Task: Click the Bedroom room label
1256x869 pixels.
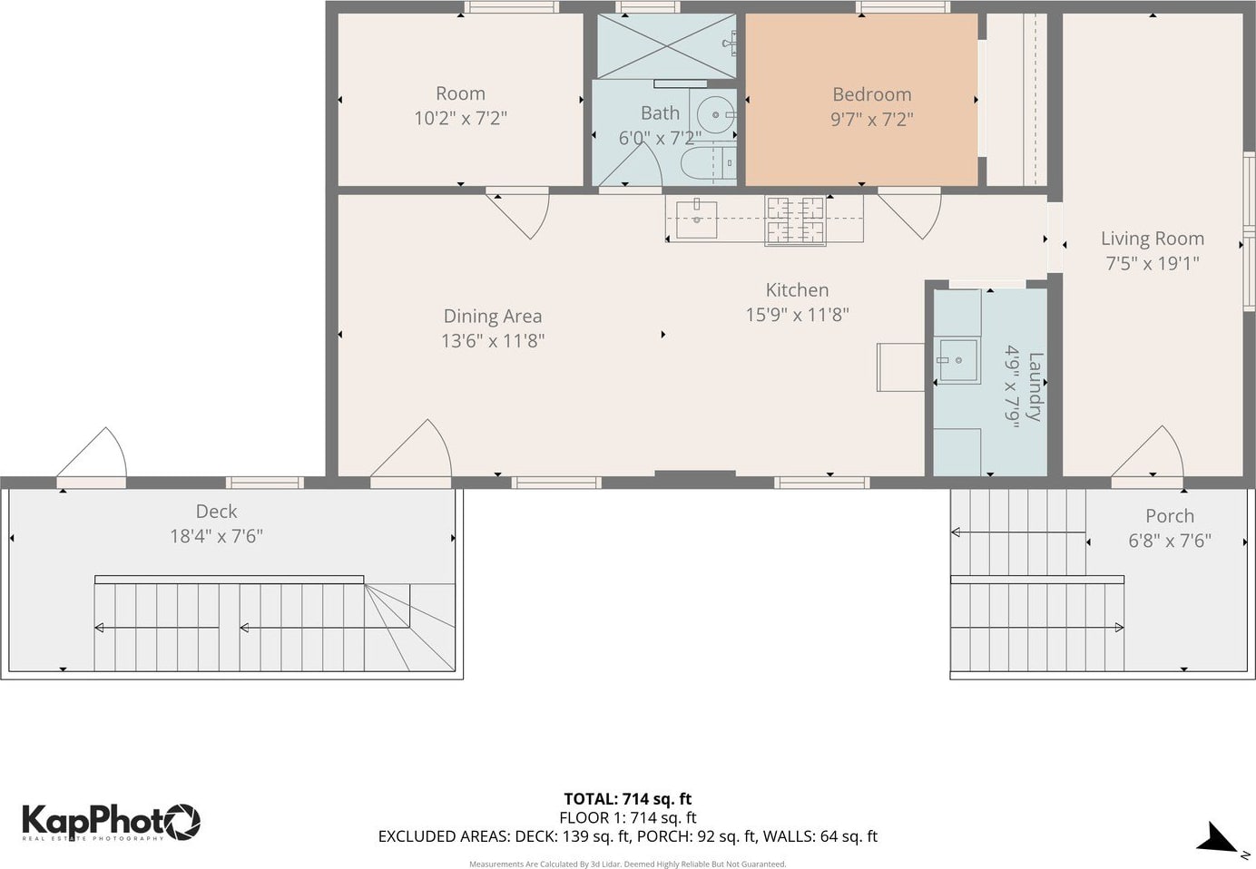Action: click(x=872, y=94)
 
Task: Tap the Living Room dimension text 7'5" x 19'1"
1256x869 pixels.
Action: click(x=1153, y=263)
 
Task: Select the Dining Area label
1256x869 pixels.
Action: click(x=493, y=316)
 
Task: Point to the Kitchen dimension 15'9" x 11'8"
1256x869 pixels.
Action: click(x=798, y=315)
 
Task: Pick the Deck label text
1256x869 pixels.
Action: click(x=216, y=511)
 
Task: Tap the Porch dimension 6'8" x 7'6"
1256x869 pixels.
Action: click(x=1170, y=541)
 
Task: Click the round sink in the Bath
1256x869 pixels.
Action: click(x=716, y=115)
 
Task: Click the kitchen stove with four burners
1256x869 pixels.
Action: click(x=795, y=220)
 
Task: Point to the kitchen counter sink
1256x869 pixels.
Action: click(x=696, y=220)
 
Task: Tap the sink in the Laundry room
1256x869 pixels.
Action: click(x=957, y=361)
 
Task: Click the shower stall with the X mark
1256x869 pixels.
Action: click(x=666, y=46)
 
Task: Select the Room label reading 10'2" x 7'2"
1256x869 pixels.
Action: click(x=460, y=118)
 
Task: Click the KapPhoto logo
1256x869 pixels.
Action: click(x=111, y=822)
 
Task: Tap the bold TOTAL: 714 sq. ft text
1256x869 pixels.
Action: click(x=627, y=798)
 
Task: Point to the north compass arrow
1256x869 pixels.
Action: click(x=1216, y=838)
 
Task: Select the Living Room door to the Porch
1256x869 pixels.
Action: click(x=1147, y=452)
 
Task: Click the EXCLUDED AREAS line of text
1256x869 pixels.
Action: click(x=627, y=836)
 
